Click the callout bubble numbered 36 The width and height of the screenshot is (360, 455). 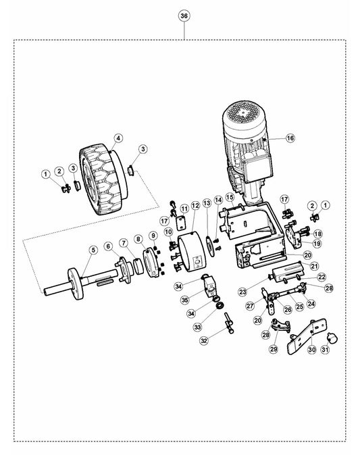(x=184, y=16)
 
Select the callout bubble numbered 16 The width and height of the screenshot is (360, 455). (x=290, y=138)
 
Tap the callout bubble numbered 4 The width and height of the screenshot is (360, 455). (x=118, y=138)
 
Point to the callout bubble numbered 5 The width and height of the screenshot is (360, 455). (x=93, y=250)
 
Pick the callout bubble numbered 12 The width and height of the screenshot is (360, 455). (x=195, y=205)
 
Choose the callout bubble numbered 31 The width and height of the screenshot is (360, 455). (x=325, y=350)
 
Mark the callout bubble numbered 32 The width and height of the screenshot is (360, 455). (x=205, y=340)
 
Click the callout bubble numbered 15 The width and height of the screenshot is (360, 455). (x=230, y=197)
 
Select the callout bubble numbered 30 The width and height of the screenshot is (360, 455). (x=312, y=350)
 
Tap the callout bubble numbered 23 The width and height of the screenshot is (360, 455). (x=242, y=292)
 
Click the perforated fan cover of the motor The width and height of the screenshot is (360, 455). (x=244, y=115)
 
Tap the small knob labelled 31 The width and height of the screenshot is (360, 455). (x=332, y=338)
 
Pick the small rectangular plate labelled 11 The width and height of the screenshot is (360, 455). (x=181, y=223)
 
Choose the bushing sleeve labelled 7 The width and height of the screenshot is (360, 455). (x=138, y=266)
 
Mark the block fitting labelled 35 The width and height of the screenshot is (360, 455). (x=210, y=286)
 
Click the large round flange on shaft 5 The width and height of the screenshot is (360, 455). (x=76, y=284)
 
